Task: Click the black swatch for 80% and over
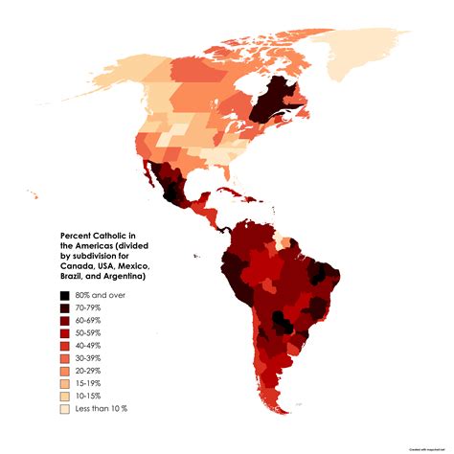coord(65,296)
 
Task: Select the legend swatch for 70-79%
coord(65,308)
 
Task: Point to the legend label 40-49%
coord(93,346)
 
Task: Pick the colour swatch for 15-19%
coord(65,383)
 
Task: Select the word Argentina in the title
coord(114,277)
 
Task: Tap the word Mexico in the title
coord(130,256)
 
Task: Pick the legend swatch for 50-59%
coord(65,333)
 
